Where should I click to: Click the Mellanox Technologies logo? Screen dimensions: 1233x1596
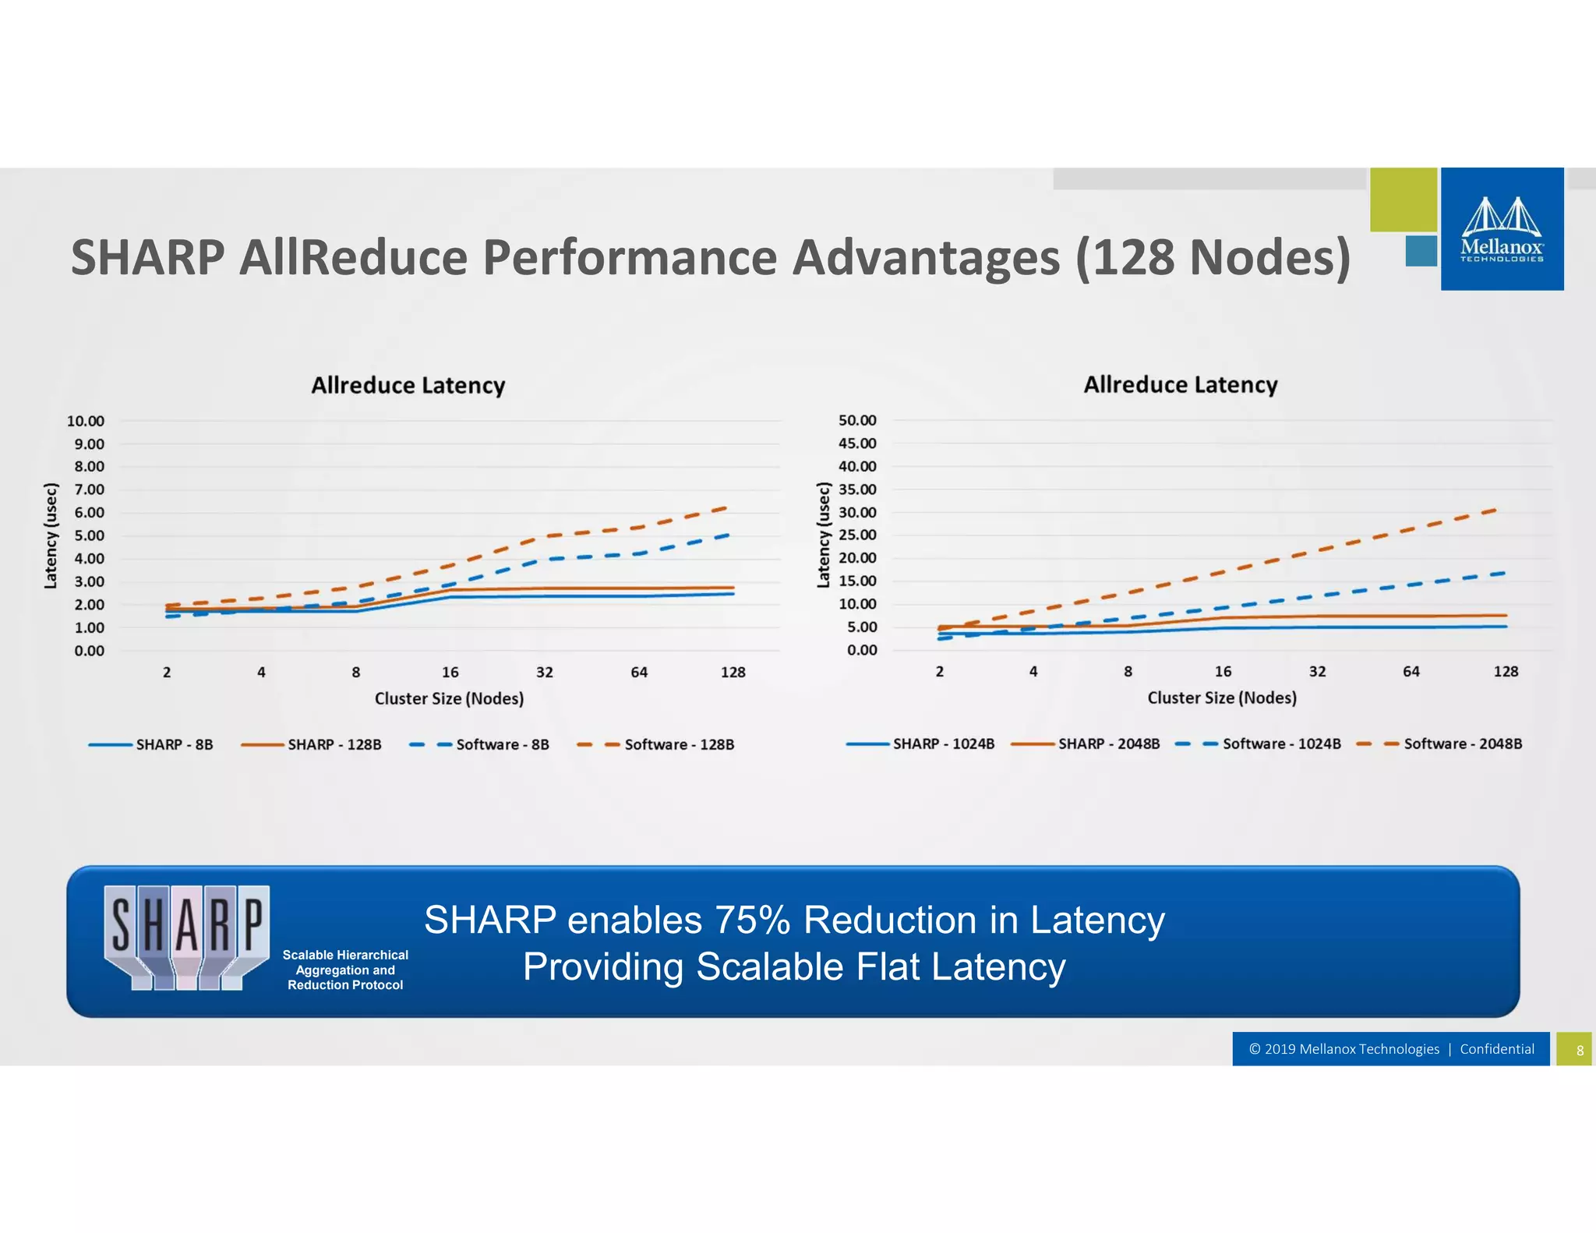pyautogui.click(x=1502, y=229)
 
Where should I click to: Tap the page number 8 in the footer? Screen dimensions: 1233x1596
pyautogui.click(x=1580, y=1050)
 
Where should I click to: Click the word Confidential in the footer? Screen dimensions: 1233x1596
pyautogui.click(x=1496, y=1049)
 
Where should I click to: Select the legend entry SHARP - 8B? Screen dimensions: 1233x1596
pyautogui.click(x=174, y=744)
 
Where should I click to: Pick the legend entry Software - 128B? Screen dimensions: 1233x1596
pyautogui.click(x=679, y=744)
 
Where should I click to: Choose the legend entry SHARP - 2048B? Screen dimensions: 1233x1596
pyautogui.click(x=1108, y=744)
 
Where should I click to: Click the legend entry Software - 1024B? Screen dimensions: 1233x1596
pyautogui.click(x=1281, y=744)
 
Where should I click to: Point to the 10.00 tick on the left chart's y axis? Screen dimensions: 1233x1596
pyautogui.click(x=86, y=421)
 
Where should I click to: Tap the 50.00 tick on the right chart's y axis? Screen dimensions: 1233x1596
pyautogui.click(x=857, y=420)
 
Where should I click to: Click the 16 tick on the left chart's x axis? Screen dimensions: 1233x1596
pyautogui.click(x=450, y=672)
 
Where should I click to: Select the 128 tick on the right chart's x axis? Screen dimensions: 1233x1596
pyautogui.click(x=1506, y=671)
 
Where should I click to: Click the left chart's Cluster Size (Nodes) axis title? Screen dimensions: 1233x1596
pyautogui.click(x=449, y=698)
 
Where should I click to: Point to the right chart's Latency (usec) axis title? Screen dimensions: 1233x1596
pyautogui.click(x=823, y=535)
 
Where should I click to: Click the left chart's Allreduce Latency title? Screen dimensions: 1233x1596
pyautogui.click(x=408, y=385)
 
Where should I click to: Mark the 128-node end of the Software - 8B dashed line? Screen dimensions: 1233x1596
pyautogui.click(x=728, y=535)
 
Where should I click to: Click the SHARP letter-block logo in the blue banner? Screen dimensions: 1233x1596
pyautogui.click(x=187, y=938)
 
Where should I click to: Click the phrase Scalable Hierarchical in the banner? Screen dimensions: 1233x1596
pyautogui.click(x=345, y=955)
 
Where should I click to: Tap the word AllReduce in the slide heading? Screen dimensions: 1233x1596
pyautogui.click(x=352, y=257)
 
